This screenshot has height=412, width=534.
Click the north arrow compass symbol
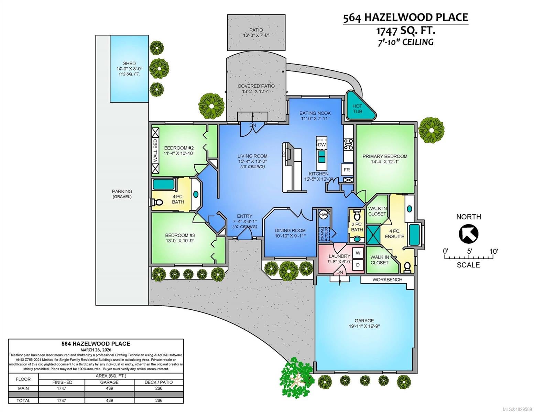tap(468, 234)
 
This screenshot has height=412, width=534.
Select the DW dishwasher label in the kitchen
tap(322, 145)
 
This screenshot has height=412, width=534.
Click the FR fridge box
tap(347, 170)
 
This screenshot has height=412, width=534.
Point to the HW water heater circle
tap(324, 215)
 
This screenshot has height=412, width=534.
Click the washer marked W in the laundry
tap(358, 253)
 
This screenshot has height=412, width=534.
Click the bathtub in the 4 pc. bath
tap(163, 184)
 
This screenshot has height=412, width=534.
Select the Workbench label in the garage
tap(387, 279)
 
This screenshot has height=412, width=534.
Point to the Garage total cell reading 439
tap(109, 400)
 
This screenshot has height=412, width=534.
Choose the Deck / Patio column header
tap(159, 382)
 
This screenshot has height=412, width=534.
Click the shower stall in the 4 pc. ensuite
tap(373, 235)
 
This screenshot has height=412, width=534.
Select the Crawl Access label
tap(324, 234)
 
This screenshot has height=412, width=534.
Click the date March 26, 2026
tap(96, 350)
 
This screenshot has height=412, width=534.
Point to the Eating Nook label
tap(315, 113)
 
